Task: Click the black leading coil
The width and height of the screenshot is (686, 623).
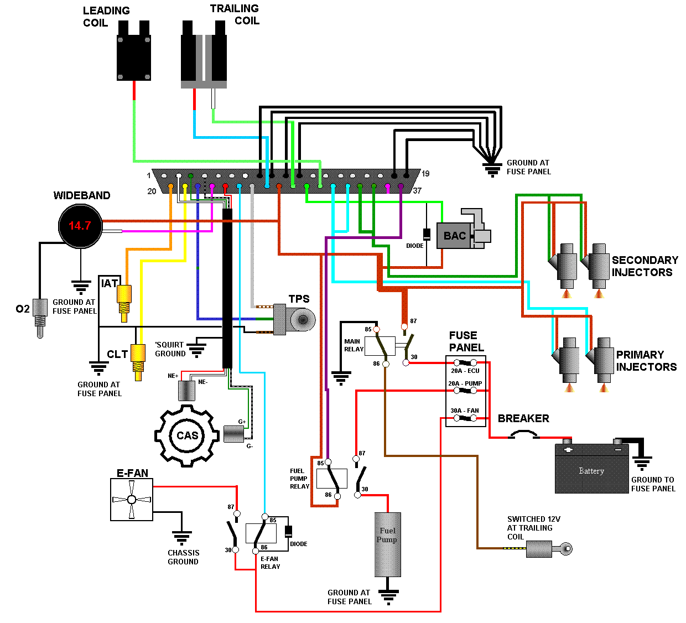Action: click(134, 55)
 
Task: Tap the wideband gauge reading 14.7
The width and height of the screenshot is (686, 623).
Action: click(80, 226)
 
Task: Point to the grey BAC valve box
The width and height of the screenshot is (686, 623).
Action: click(454, 236)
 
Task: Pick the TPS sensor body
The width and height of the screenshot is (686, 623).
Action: click(294, 319)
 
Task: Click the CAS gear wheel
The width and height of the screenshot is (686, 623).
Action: click(186, 435)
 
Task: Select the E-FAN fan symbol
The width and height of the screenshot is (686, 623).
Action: click(132, 500)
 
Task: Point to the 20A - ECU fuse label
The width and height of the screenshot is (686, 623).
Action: click(465, 371)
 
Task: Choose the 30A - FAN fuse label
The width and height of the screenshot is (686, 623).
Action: click(465, 411)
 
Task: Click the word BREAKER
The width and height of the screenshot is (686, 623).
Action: click(523, 419)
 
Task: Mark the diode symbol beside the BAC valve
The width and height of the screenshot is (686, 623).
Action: click(427, 233)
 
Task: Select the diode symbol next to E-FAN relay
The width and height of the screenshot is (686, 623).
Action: click(288, 531)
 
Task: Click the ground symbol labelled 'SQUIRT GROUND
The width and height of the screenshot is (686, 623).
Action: click(196, 350)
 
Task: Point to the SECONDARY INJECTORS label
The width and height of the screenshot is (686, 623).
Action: click(645, 266)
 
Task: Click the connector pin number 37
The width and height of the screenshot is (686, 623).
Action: click(417, 191)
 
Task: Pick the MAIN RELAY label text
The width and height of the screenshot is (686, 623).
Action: click(354, 345)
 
